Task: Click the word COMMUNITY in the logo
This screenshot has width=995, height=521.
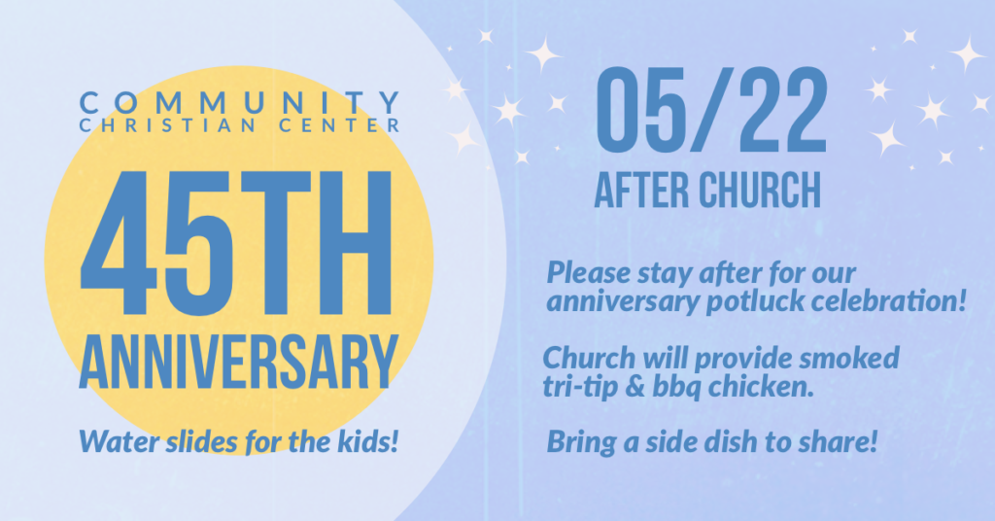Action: click(239, 102)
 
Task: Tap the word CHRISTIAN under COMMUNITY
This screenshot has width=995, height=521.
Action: click(168, 125)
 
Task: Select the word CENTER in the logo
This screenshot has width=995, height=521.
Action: click(339, 125)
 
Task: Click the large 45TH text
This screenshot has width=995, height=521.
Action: click(235, 243)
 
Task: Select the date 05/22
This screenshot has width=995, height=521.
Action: click(711, 109)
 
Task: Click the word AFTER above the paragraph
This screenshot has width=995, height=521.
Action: click(641, 190)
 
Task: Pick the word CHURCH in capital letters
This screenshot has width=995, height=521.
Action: click(759, 190)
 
